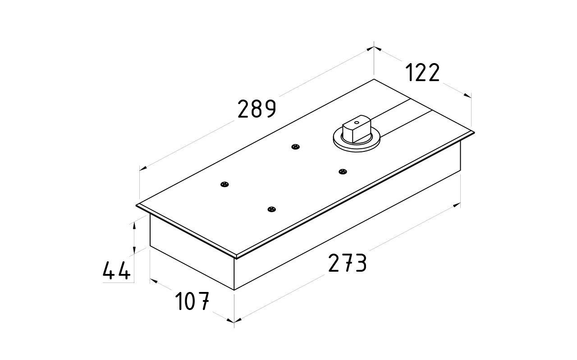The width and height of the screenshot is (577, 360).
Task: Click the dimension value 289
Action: (x=256, y=109)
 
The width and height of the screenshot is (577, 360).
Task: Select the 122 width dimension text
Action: (x=422, y=73)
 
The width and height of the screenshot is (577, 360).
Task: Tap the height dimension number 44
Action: (x=117, y=271)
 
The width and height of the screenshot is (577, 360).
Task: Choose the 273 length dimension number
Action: (x=347, y=264)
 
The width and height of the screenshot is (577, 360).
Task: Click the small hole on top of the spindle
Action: (x=356, y=122)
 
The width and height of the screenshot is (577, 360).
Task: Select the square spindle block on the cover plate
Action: (x=356, y=131)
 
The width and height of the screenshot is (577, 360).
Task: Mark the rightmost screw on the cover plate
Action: (x=343, y=171)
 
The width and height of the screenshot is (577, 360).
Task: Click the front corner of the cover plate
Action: (x=236, y=257)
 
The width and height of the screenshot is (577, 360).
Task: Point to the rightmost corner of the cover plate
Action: (x=474, y=132)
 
